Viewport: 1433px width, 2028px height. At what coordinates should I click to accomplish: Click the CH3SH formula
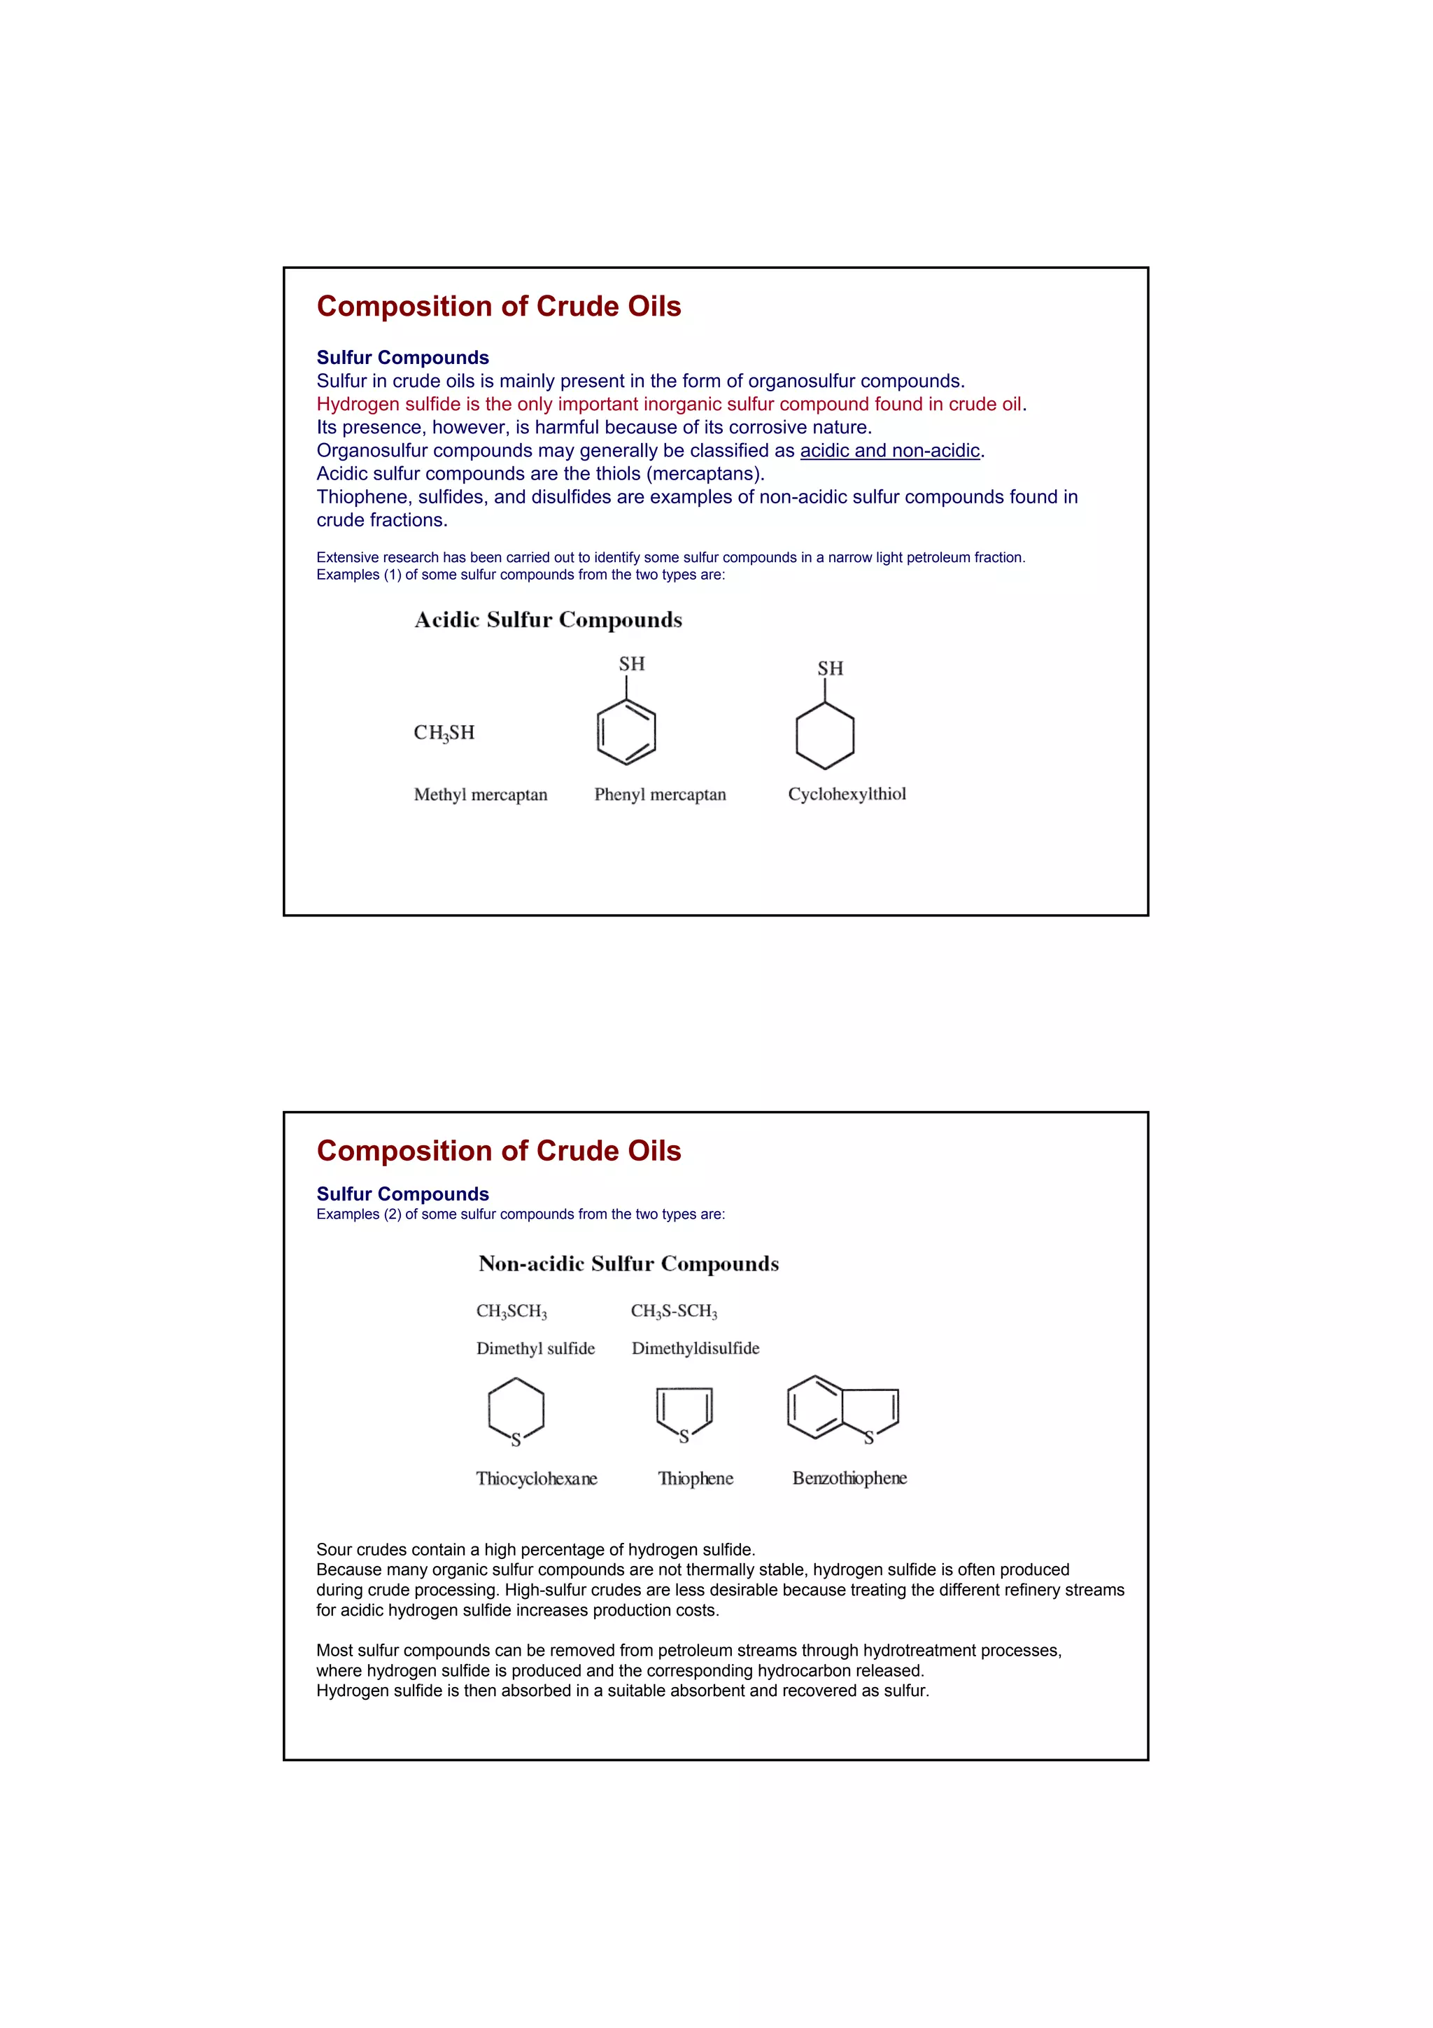(x=444, y=732)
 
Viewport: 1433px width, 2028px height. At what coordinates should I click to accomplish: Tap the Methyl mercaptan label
(x=480, y=795)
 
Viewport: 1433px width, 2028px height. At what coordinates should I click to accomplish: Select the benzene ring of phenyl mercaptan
(x=626, y=732)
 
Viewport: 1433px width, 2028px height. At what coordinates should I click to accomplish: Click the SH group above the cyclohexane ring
(x=830, y=669)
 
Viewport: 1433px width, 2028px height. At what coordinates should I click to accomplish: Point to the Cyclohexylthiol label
(x=847, y=794)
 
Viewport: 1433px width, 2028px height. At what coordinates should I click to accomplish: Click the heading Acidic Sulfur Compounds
(x=549, y=620)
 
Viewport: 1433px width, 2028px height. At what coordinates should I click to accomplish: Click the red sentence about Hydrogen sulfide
(x=671, y=405)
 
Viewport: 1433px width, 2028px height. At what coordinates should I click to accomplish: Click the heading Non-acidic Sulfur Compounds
(x=628, y=1264)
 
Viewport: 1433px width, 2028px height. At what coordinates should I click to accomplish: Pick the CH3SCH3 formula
(x=511, y=1312)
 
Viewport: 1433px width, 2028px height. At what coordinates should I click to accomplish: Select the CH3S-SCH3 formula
(x=674, y=1312)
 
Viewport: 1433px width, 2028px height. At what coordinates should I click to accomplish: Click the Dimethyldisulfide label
(x=695, y=1349)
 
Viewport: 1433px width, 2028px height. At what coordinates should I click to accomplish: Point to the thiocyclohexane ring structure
(x=516, y=1410)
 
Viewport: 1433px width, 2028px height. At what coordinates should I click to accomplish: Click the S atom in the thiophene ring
(x=684, y=1437)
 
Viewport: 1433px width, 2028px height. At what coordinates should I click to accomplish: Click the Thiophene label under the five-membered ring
(x=695, y=1478)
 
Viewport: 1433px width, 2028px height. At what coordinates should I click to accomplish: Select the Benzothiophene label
(x=849, y=1478)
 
